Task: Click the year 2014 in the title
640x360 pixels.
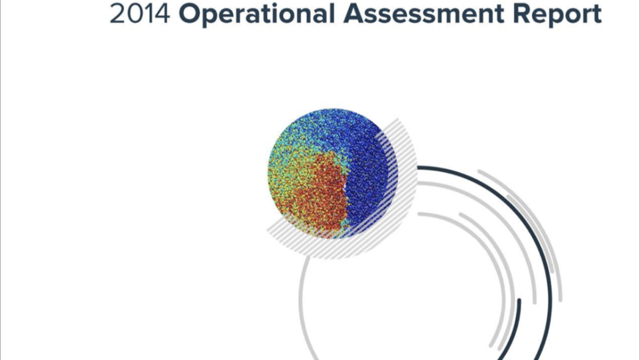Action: click(x=140, y=13)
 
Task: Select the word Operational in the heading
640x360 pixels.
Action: click(x=256, y=15)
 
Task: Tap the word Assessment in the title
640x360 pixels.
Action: click(x=423, y=13)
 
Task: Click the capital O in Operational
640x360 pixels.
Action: click(x=190, y=13)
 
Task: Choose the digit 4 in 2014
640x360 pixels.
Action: click(x=162, y=13)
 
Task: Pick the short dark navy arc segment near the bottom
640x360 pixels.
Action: click(x=515, y=331)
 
